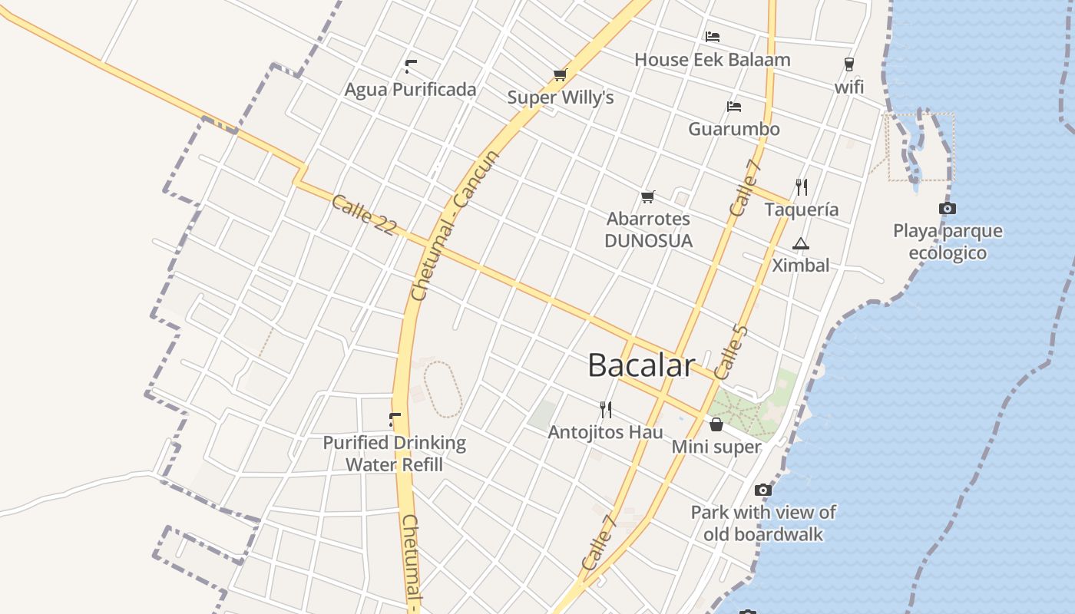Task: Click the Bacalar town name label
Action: tap(641, 365)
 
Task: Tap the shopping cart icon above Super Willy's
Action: tap(560, 75)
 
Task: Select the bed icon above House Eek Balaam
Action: tap(713, 37)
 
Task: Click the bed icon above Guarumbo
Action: tap(734, 107)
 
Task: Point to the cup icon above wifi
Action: tap(848, 64)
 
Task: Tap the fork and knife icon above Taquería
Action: tap(802, 187)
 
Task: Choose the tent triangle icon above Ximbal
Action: tap(801, 244)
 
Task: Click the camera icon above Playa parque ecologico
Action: tap(948, 209)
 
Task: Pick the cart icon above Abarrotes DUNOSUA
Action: tap(648, 197)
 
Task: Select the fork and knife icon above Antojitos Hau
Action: tap(606, 410)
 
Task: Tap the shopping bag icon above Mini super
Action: tap(716, 424)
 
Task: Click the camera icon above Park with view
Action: tap(762, 490)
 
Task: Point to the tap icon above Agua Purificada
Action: tap(411, 67)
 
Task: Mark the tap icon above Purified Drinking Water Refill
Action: tap(395, 420)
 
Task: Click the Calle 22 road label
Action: tap(364, 214)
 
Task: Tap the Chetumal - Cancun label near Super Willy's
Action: tap(455, 225)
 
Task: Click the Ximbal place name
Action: tap(800, 266)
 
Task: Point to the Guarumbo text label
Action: tap(733, 129)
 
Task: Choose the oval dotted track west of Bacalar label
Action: tap(443, 389)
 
